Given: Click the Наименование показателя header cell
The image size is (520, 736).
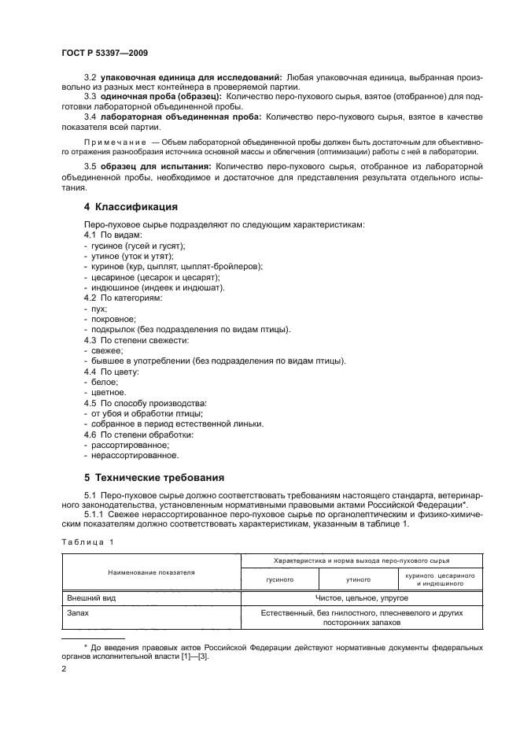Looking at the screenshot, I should pos(152,572).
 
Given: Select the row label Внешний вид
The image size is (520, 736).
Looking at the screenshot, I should pos(92,598).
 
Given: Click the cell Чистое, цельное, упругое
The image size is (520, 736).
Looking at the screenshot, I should pos(362,598).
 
